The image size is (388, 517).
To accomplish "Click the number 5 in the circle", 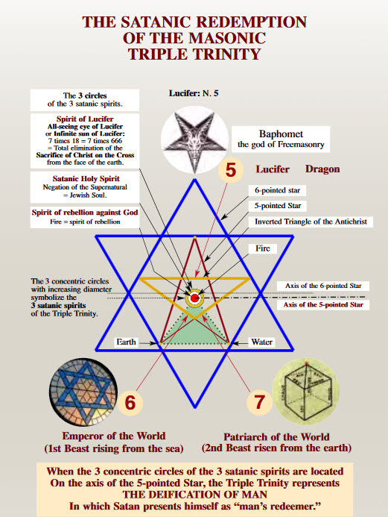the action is click(x=231, y=170).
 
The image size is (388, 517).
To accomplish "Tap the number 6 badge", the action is click(x=130, y=403).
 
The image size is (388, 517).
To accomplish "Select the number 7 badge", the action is click(x=259, y=402).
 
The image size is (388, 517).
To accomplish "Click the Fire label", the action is click(x=263, y=248).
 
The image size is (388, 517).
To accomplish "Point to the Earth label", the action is click(x=126, y=342).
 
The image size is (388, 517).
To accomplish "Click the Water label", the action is click(x=262, y=342).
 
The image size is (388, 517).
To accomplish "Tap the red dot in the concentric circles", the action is click(x=194, y=298).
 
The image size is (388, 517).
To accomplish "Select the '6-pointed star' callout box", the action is click(x=277, y=190).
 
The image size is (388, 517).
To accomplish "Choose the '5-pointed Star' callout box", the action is click(x=278, y=206).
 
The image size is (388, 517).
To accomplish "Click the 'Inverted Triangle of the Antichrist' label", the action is click(x=311, y=222).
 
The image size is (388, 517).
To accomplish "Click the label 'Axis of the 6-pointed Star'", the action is click(x=323, y=286).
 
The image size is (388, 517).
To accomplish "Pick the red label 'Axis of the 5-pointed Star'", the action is click(x=323, y=304).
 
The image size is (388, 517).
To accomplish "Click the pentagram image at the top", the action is click(x=194, y=140).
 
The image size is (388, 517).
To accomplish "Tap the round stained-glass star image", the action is click(x=83, y=392).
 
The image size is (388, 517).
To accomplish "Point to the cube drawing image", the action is click(x=306, y=392).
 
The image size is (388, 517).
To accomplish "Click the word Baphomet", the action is click(x=281, y=134).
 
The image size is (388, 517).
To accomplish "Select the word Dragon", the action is click(x=322, y=169).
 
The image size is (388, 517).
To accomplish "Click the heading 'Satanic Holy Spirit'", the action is click(x=86, y=179).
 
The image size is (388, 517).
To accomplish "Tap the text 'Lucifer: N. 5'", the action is click(x=194, y=93).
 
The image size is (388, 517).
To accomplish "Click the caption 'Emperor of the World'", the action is click(x=114, y=436).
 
